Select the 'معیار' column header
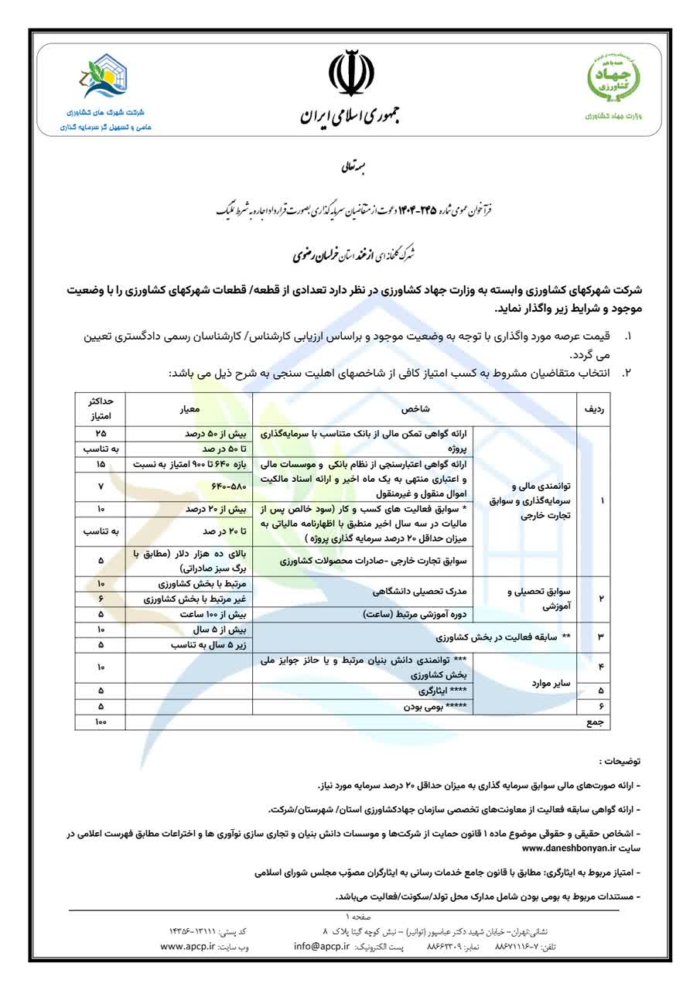[190, 408]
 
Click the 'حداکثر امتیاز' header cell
[101, 408]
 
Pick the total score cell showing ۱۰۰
[101, 722]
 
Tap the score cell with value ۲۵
[101, 434]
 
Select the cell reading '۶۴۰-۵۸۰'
[190, 487]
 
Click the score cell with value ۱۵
[101, 464]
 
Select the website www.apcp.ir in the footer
[187, 946]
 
